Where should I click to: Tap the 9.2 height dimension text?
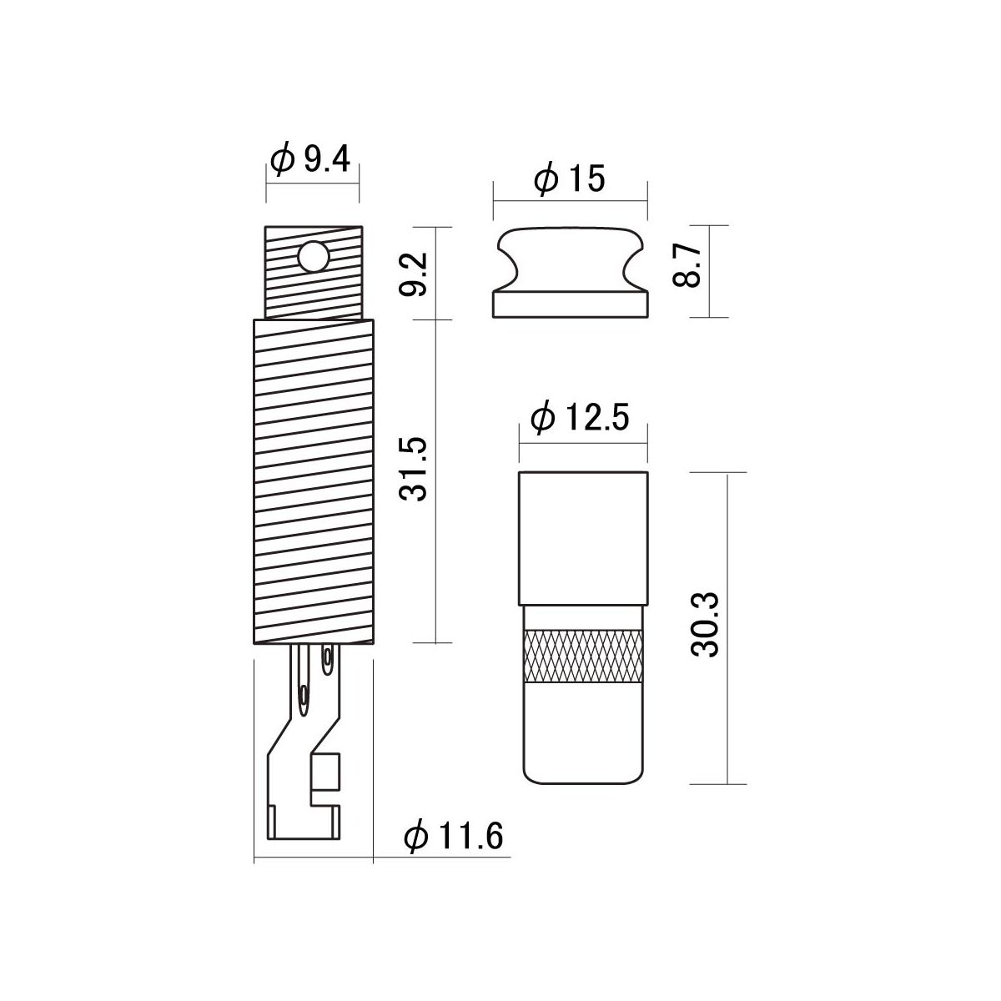[413, 274]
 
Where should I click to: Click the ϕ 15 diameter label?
[570, 179]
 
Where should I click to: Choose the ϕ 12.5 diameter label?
[580, 418]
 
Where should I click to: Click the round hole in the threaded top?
[314, 256]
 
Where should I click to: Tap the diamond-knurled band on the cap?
[583, 656]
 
